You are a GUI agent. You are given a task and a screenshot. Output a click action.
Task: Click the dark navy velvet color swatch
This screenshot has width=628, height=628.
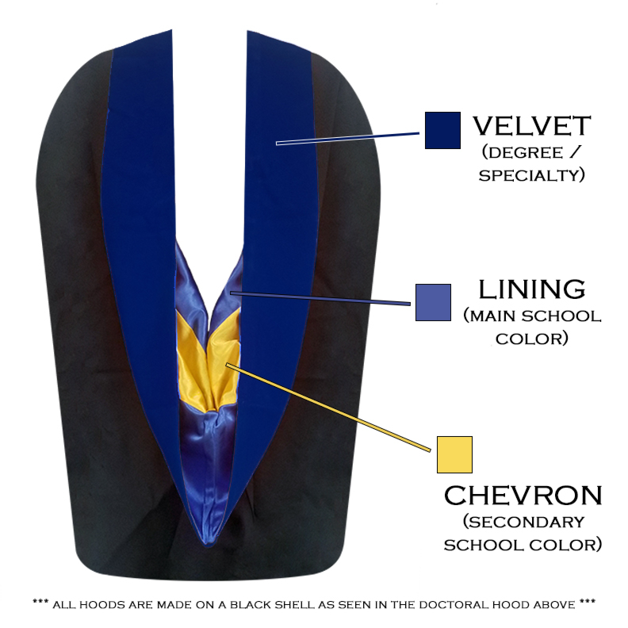tap(442, 130)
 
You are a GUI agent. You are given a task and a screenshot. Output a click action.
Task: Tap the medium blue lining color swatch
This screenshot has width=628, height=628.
tap(433, 302)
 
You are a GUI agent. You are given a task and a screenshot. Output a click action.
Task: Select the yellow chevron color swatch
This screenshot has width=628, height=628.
tap(454, 454)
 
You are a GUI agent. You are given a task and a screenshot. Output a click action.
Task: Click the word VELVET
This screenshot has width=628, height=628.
tap(531, 126)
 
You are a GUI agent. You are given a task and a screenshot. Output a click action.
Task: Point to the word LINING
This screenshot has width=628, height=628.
tap(531, 289)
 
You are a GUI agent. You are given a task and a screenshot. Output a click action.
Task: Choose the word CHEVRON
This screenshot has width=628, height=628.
tap(523, 496)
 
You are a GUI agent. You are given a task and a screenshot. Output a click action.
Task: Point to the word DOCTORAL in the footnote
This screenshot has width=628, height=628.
tap(455, 605)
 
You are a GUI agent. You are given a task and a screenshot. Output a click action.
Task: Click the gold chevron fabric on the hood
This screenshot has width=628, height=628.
tap(208, 361)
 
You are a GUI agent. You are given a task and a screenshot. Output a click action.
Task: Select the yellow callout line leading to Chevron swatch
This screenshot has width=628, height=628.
tap(333, 410)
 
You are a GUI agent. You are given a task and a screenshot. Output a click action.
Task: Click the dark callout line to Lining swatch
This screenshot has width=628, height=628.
tap(317, 298)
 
